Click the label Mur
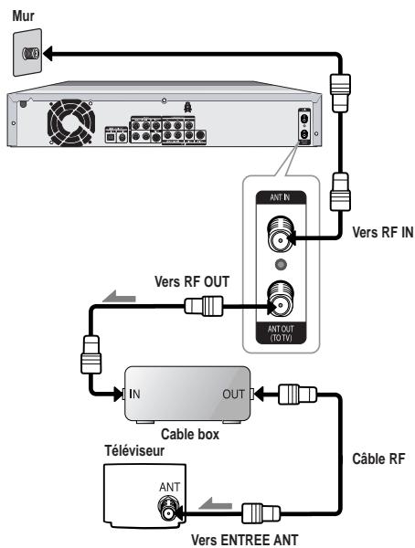[x=23, y=16]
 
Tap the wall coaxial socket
[x=30, y=54]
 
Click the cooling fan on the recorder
[x=71, y=122]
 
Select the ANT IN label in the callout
[x=280, y=197]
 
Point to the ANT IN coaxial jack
[x=281, y=234]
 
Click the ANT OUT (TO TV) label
[x=281, y=333]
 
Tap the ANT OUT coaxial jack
[x=281, y=300]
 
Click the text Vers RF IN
[x=382, y=232]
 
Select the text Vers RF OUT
[x=192, y=281]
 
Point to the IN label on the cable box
[x=134, y=394]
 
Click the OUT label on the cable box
[x=233, y=395]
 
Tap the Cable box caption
[x=190, y=435]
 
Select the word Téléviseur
[x=134, y=450]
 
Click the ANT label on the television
[x=170, y=487]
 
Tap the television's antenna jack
[x=168, y=509]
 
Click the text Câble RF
[x=378, y=458]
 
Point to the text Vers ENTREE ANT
[x=245, y=541]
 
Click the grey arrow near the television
[x=216, y=504]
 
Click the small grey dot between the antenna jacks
[x=281, y=265]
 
